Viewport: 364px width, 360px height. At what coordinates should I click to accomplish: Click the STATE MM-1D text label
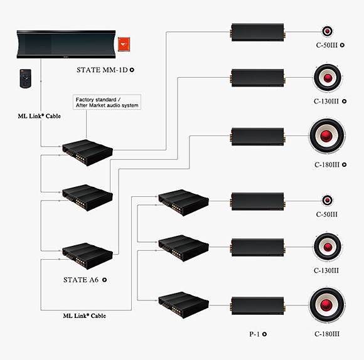(x=102, y=70)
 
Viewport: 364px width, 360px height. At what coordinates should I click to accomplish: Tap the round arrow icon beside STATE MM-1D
(x=132, y=70)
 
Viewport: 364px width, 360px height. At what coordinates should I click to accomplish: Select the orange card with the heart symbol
(x=124, y=44)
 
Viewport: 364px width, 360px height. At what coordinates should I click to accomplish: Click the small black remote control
(x=26, y=78)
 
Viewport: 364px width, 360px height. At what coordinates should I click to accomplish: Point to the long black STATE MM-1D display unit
(x=66, y=45)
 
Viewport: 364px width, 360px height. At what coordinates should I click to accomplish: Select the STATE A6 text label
(x=81, y=280)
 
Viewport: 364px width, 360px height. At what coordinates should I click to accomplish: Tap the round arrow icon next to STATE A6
(x=104, y=280)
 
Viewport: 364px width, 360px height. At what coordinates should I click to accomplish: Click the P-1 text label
(x=254, y=334)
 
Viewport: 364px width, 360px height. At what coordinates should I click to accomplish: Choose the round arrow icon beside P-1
(x=264, y=334)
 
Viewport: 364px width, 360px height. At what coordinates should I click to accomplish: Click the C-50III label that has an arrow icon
(x=327, y=45)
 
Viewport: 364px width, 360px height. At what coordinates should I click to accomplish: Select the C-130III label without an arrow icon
(x=326, y=270)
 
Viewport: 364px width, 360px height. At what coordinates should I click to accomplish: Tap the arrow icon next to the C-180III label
(x=345, y=164)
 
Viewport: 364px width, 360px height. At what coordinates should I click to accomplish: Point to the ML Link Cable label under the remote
(x=40, y=116)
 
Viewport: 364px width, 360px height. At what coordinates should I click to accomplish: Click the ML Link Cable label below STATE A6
(x=85, y=315)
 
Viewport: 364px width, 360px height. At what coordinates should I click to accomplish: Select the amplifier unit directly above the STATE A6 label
(x=87, y=256)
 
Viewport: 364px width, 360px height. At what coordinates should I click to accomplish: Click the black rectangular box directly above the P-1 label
(x=258, y=305)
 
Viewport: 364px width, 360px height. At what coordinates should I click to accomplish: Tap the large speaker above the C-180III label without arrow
(x=328, y=305)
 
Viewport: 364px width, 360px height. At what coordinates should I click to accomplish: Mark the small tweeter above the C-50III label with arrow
(x=328, y=31)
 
